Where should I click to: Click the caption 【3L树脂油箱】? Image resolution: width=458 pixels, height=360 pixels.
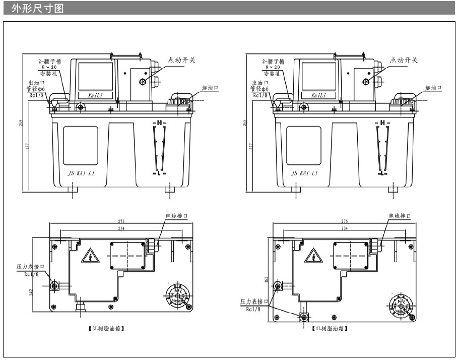tap(106, 329)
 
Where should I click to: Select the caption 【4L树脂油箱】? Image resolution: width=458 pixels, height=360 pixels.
tap(330, 329)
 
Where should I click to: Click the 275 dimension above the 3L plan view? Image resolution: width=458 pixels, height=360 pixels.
tap(121, 222)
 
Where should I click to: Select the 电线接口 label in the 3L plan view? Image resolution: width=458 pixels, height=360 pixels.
tap(176, 216)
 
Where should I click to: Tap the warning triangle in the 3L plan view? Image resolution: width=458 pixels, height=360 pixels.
tap(91, 256)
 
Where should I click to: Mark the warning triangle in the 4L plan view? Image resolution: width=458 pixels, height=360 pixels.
tap(314, 256)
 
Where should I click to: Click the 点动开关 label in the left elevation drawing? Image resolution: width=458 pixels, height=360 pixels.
tap(181, 60)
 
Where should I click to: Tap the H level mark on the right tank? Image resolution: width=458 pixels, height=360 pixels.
tap(383, 123)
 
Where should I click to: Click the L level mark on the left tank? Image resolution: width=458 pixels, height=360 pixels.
tap(160, 172)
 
